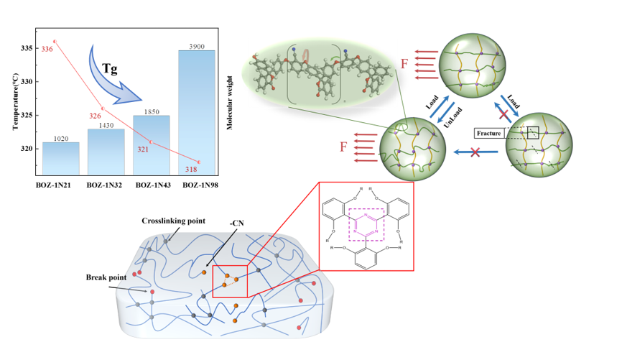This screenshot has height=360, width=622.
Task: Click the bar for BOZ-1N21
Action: tap(61, 158)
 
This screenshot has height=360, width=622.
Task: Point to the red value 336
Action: tap(47, 49)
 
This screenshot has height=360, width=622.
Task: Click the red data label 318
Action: tap(191, 170)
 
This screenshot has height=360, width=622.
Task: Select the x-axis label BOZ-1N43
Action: tap(151, 185)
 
